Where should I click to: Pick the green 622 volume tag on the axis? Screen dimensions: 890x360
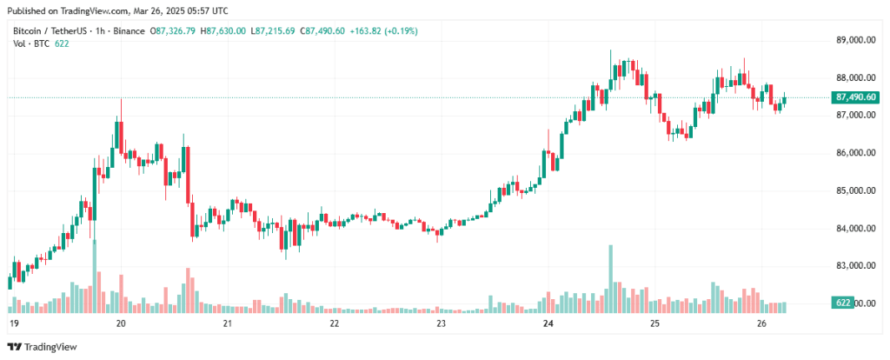coord(843,303)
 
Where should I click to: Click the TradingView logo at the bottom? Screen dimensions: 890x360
coord(42,347)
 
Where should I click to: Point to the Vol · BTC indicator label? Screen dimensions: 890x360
coord(29,43)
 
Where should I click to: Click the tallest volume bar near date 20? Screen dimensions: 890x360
coord(95,276)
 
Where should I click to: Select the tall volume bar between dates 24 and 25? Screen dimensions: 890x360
coord(611,279)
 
